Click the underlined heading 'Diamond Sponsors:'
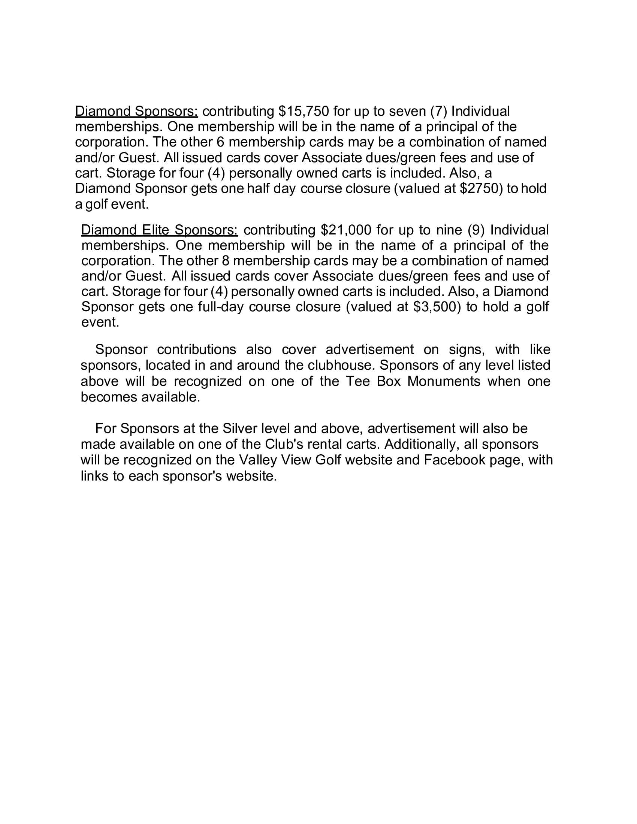[136, 111]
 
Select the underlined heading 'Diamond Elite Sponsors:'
[159, 230]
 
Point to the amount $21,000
[346, 230]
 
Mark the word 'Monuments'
[444, 381]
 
